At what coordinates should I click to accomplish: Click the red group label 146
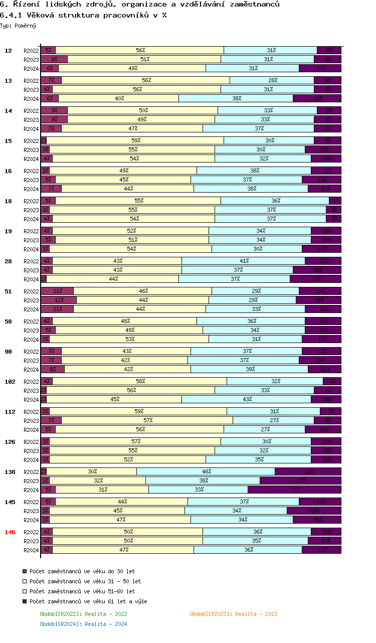coord(10,532)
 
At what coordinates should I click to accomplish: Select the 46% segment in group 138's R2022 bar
coord(206,471)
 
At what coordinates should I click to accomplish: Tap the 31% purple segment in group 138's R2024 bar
coord(294,490)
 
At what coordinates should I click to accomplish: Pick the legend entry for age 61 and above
coord(88,601)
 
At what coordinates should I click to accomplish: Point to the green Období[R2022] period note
coord(83,614)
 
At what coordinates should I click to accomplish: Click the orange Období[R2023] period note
coord(234,614)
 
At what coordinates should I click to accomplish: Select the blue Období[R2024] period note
coord(83,624)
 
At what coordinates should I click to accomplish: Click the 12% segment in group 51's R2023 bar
coord(59,300)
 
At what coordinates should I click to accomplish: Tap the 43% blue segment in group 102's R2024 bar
coord(246,399)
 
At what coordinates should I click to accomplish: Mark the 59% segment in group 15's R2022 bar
coord(135,140)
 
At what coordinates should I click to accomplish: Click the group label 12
coord(8,51)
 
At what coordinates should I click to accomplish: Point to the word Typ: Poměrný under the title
coord(18,25)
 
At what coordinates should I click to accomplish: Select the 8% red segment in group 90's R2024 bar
coord(53,369)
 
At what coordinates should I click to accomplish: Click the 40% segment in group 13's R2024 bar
coord(119,98)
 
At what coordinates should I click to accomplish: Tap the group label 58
coord(8,321)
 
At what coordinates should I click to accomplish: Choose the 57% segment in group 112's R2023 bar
coord(147,420)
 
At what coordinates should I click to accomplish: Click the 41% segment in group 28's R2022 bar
coord(244,261)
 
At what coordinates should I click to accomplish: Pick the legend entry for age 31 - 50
coord(85,581)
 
